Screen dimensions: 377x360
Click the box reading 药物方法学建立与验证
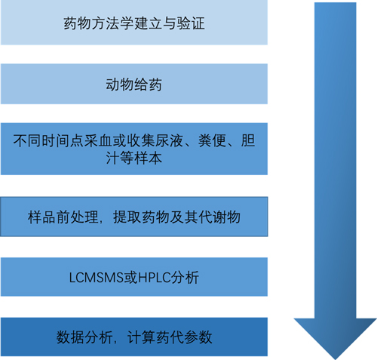[x=134, y=23]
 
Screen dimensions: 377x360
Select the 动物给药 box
[x=134, y=84]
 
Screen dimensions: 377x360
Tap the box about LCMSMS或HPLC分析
[x=134, y=277]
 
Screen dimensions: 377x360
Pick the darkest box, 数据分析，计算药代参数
[x=134, y=337]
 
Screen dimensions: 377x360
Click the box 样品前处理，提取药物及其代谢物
[x=134, y=217]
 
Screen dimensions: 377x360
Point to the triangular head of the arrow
[x=336, y=339]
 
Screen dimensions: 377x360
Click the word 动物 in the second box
[x=120, y=85]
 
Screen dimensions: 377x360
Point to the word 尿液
[x=170, y=140]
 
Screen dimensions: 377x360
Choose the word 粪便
[x=213, y=140]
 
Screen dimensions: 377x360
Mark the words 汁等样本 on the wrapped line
[x=134, y=158]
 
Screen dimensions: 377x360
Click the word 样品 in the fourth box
[x=42, y=217]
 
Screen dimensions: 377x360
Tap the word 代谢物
[x=219, y=217]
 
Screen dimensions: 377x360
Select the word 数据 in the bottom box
[x=70, y=337]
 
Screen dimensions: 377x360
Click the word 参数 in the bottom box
[x=198, y=337]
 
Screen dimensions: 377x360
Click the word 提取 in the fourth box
[x=127, y=217]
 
